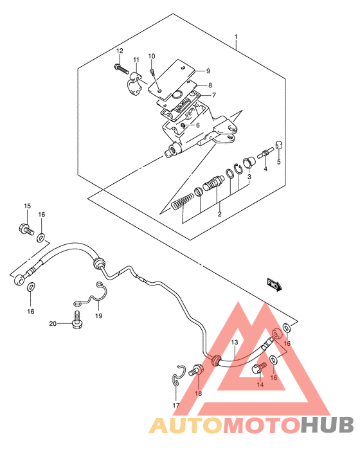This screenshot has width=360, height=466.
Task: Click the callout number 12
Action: pyautogui.click(x=120, y=51)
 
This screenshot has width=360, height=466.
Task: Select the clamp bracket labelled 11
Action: pyautogui.click(x=133, y=84)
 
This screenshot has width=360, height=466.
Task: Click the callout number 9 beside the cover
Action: pyautogui.click(x=208, y=71)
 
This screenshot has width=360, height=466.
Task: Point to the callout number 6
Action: pyautogui.click(x=198, y=125)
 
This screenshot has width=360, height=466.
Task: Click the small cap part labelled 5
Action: pyautogui.click(x=279, y=146)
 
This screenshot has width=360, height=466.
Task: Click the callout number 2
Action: pyautogui.click(x=219, y=214)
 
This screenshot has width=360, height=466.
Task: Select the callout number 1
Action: pyautogui.click(x=236, y=37)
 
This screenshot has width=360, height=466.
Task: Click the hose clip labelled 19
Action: pyautogui.click(x=91, y=295)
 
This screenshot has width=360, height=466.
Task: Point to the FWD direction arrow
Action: pyautogui.click(x=274, y=285)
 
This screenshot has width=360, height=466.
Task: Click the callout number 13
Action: pyautogui.click(x=235, y=343)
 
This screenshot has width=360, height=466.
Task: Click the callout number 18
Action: pyautogui.click(x=198, y=393)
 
